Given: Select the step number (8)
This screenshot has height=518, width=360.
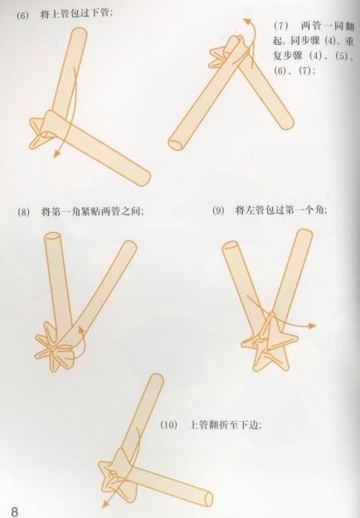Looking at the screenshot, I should click(23, 212).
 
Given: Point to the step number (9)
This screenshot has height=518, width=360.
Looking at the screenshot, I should click(218, 211).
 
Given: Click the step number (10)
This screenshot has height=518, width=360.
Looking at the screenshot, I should click(168, 424).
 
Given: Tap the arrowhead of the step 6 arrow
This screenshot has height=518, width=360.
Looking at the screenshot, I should click(56, 155).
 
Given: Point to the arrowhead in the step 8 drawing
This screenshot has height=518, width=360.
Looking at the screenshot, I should click(80, 328).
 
